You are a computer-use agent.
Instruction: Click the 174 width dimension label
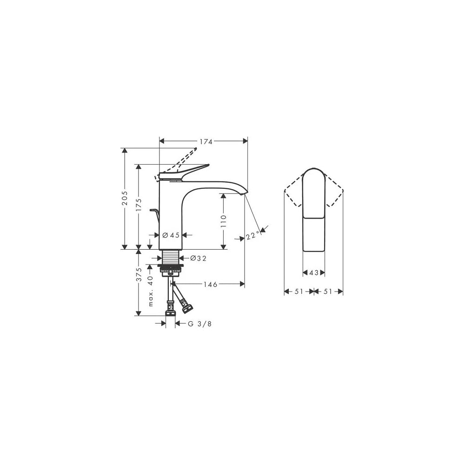click(x=206, y=142)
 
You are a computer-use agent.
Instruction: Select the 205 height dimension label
click(x=125, y=198)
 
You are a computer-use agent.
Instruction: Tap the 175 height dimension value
click(x=139, y=205)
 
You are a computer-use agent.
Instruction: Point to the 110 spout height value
click(x=224, y=221)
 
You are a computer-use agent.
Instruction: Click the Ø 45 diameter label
click(x=171, y=235)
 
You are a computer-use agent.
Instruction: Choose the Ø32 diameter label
click(x=198, y=258)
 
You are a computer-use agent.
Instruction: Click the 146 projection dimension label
click(x=210, y=285)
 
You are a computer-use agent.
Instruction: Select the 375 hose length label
click(x=139, y=274)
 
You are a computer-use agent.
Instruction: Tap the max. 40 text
click(x=151, y=291)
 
